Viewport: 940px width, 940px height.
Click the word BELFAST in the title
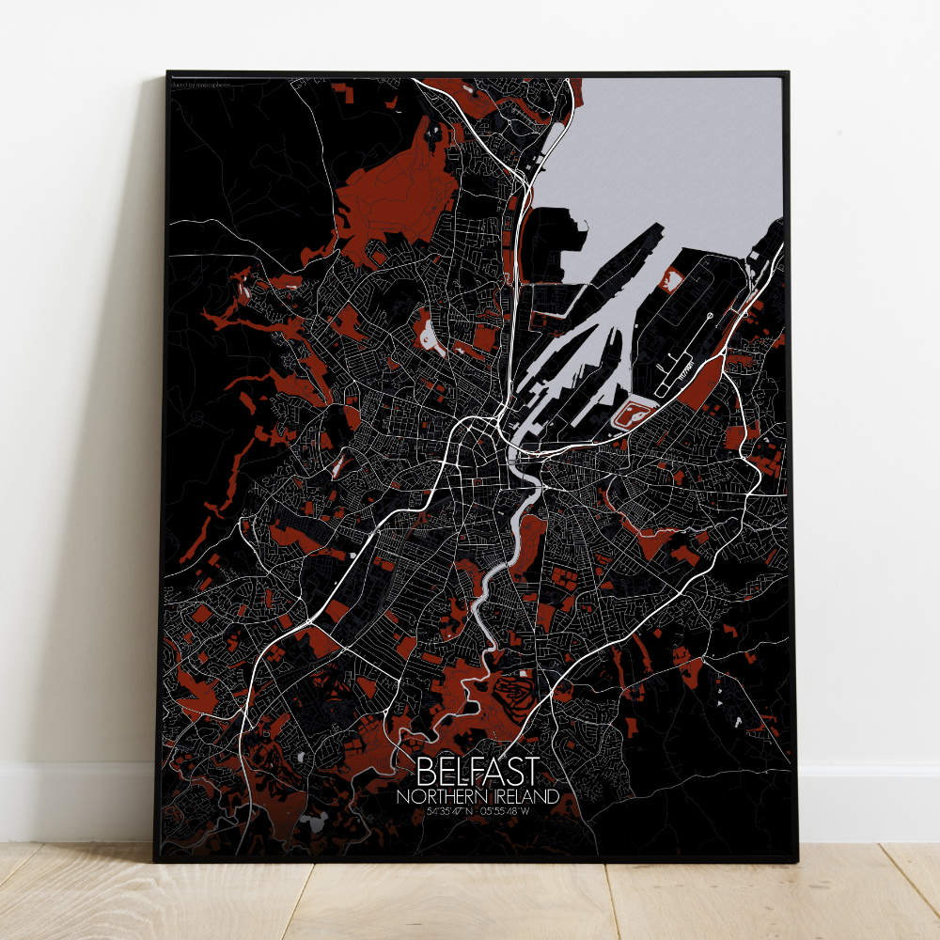click(478, 773)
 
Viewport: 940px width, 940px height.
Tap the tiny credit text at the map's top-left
click(202, 86)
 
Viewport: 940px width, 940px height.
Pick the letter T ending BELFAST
click(533, 773)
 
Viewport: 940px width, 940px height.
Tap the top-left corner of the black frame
click(168, 73)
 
